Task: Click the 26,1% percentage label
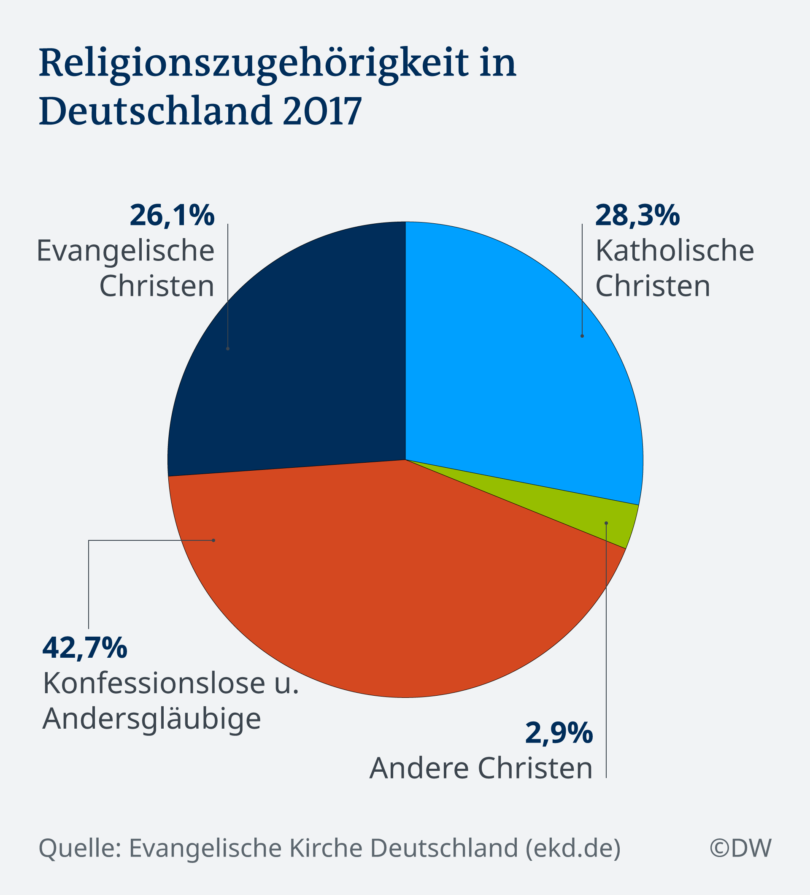[x=172, y=216]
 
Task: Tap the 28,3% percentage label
[x=637, y=216]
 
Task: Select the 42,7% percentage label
[x=85, y=648]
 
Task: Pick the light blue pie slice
[x=510, y=355]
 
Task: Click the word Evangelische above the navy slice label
[x=126, y=251]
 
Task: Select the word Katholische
[x=674, y=251]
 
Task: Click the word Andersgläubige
[x=152, y=719]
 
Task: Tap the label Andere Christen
[x=481, y=768]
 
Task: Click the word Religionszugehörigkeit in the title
[x=253, y=63]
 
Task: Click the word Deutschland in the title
[x=155, y=111]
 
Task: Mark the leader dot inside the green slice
[x=606, y=523]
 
